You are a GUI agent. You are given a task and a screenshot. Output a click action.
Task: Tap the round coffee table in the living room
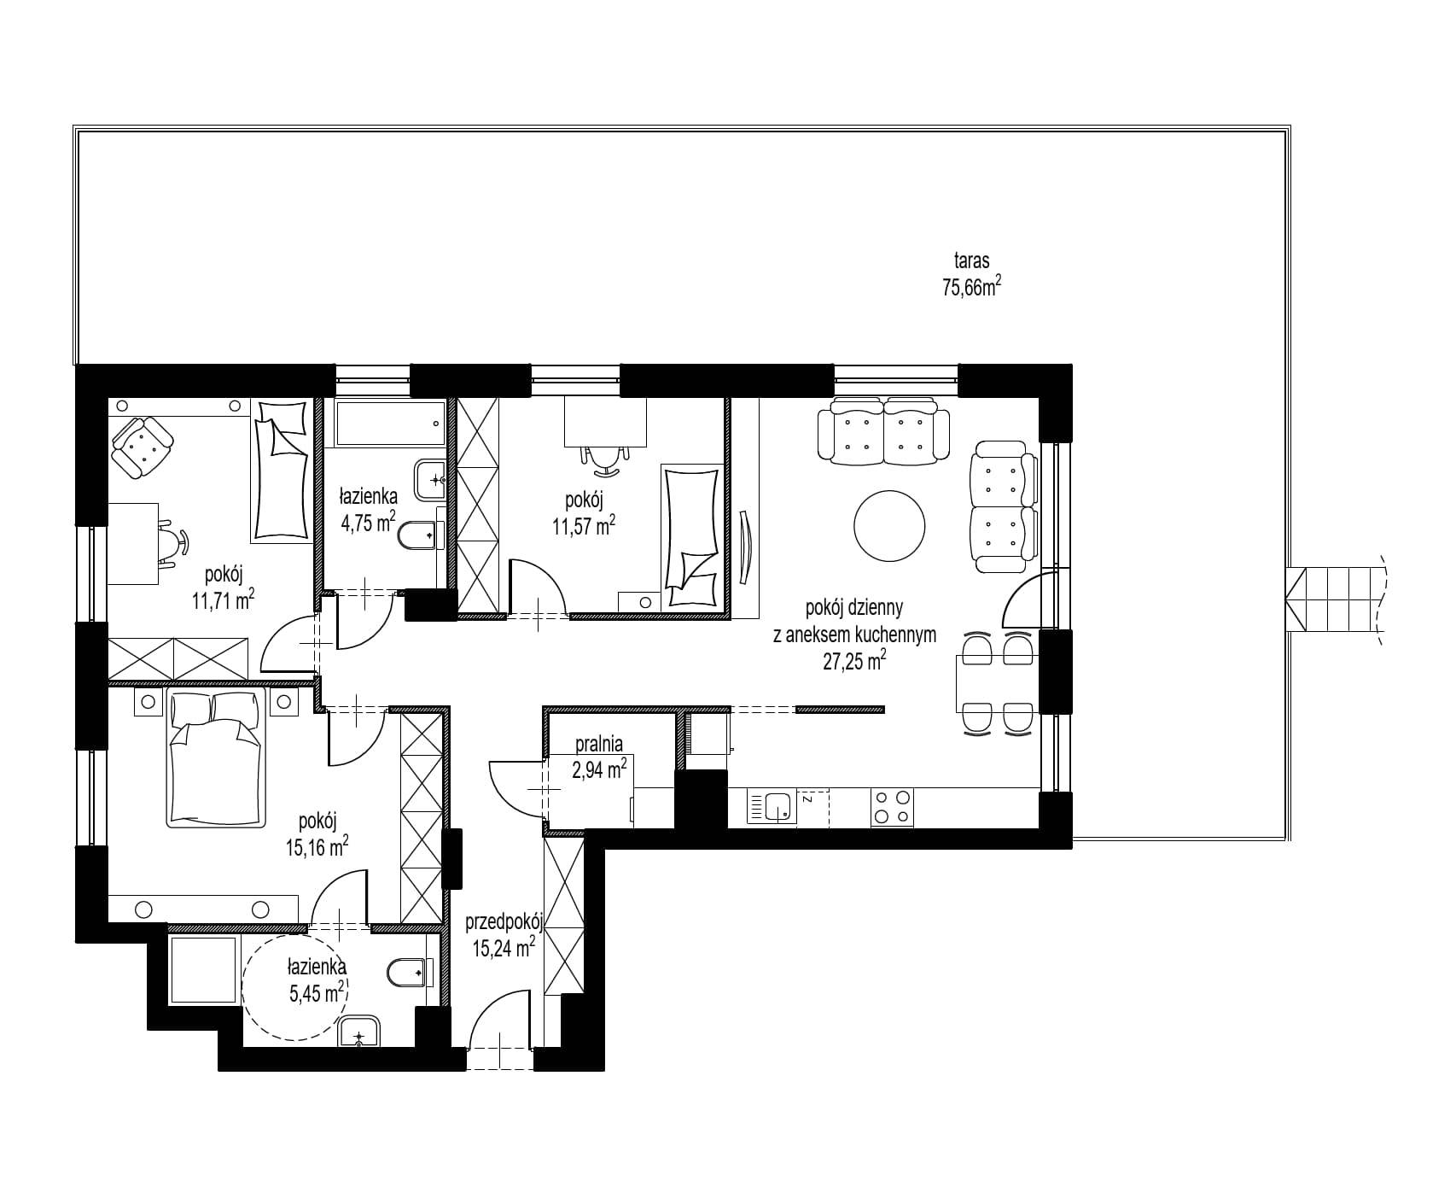[x=890, y=526]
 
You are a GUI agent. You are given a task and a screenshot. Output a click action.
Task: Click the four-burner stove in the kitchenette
[x=891, y=807]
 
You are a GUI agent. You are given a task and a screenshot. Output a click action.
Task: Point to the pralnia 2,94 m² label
[x=600, y=757]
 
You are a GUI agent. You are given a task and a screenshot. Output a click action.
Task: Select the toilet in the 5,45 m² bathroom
[x=411, y=972]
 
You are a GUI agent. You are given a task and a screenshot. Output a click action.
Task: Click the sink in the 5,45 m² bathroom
[x=360, y=1032]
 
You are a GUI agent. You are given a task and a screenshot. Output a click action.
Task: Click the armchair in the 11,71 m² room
[x=142, y=447]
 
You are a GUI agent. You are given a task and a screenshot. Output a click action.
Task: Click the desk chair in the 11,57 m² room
[x=605, y=459]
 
